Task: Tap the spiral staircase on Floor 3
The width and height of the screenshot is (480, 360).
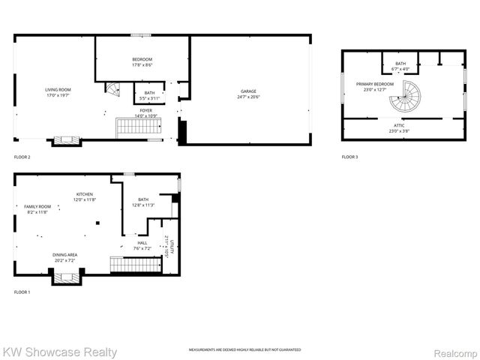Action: pos(409,97)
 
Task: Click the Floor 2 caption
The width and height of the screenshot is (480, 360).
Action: pos(22,157)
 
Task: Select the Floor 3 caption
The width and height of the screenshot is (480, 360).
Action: pos(349,157)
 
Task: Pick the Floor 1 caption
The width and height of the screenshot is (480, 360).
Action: pos(22,292)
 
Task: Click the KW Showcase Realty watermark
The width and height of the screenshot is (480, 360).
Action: pos(60,352)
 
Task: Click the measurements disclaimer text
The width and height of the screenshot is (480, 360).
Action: pos(244,350)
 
